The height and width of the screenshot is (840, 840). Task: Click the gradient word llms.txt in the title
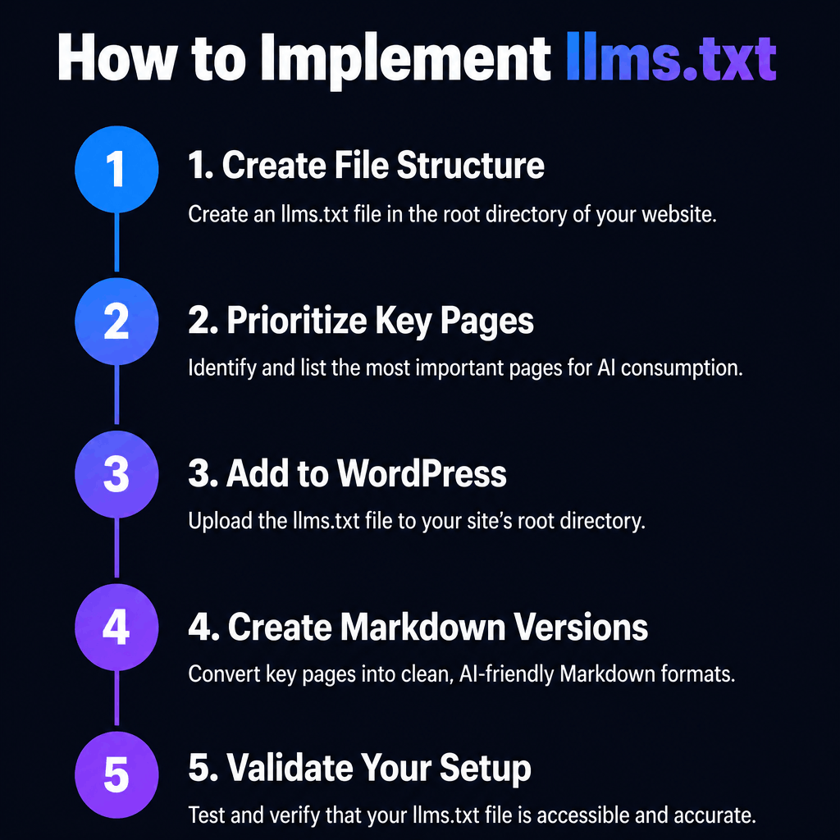coord(670,59)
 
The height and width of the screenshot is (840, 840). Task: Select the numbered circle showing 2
coord(116,322)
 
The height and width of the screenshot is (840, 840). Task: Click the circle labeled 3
coord(116,475)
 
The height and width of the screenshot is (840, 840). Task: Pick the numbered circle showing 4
coord(116,628)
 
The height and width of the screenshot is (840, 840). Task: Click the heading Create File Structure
coord(366,166)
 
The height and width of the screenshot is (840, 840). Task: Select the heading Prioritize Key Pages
coord(361,321)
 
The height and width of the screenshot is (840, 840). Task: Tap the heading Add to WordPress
coord(347,474)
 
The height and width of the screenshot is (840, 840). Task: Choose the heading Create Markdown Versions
coord(418,628)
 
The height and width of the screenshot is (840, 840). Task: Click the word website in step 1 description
coord(677,215)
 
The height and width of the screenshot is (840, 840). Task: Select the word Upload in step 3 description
coord(215,520)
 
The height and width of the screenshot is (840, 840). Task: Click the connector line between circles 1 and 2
coord(116,244)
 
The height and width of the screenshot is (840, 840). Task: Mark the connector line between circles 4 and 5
coord(116,702)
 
